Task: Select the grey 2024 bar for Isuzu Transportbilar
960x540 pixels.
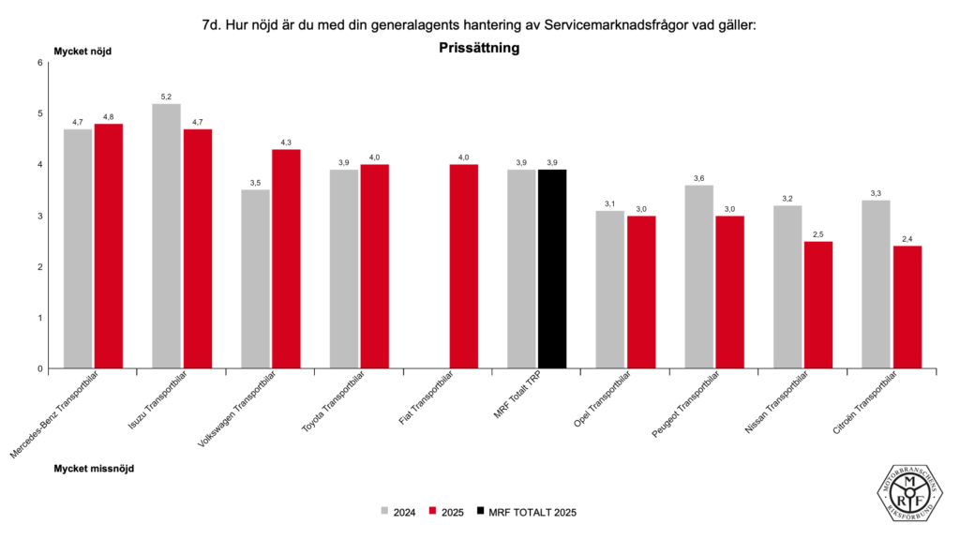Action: (166, 235)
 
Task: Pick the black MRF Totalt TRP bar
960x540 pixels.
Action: (552, 269)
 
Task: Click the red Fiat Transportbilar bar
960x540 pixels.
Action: (464, 266)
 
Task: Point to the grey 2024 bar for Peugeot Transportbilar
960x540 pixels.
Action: (698, 277)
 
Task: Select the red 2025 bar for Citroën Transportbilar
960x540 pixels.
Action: (907, 307)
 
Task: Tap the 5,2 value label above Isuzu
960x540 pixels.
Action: (166, 97)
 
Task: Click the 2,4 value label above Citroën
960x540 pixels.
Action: (907, 239)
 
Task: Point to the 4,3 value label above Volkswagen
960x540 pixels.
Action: (287, 142)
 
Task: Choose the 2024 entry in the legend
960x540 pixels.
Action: (397, 512)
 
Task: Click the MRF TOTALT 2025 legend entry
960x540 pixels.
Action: (525, 512)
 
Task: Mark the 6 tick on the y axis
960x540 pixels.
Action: (40, 63)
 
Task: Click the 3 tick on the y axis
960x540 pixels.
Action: (40, 216)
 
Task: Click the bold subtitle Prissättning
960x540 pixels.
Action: (479, 47)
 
